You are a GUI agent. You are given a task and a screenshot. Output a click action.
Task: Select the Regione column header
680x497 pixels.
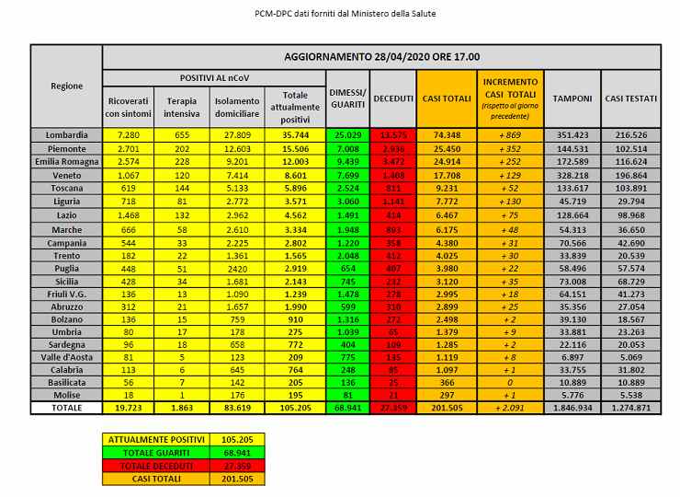[x=65, y=86]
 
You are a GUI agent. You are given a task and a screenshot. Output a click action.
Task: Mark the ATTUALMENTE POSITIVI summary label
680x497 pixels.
[x=155, y=440]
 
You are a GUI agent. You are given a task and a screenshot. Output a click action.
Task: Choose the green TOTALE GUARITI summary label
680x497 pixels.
[x=155, y=453]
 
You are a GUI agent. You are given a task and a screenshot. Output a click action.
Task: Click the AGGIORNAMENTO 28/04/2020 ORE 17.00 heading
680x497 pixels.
[x=380, y=56]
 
